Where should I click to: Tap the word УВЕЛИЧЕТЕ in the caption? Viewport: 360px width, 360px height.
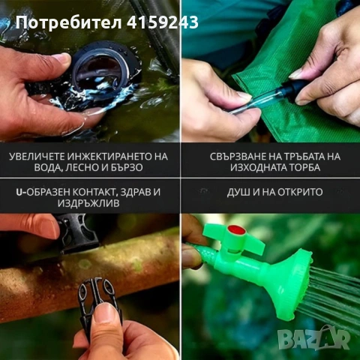click(35, 156)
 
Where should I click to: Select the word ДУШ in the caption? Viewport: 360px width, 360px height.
click(240, 192)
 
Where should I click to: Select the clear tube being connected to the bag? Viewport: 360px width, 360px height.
click(259, 101)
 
